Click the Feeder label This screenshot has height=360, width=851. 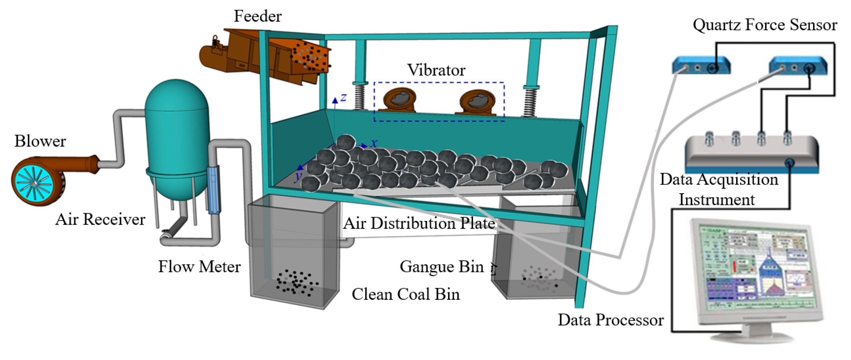pos(257,16)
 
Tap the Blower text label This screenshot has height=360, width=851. pos(40,141)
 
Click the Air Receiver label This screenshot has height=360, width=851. pos(100,219)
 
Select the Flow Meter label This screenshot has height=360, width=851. pos(199,267)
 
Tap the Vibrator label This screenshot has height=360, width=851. pos(436,70)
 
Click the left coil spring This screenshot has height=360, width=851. pos(359,97)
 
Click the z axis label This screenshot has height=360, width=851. pos(343,97)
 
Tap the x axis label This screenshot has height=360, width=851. pos(374,143)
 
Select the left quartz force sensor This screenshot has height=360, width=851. pos(701,66)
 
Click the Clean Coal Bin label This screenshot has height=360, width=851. pos(406,294)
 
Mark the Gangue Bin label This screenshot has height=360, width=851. pos(442,267)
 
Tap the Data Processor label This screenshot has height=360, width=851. pos(610,320)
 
